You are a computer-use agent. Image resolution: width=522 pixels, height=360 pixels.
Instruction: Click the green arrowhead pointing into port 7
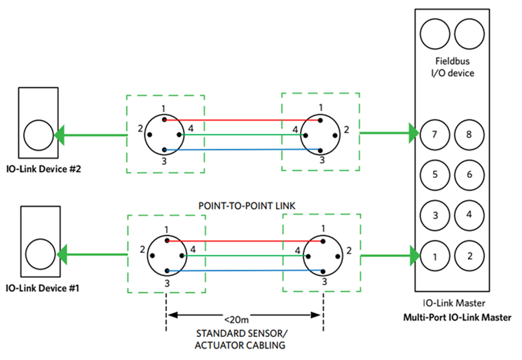(x=413, y=132)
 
